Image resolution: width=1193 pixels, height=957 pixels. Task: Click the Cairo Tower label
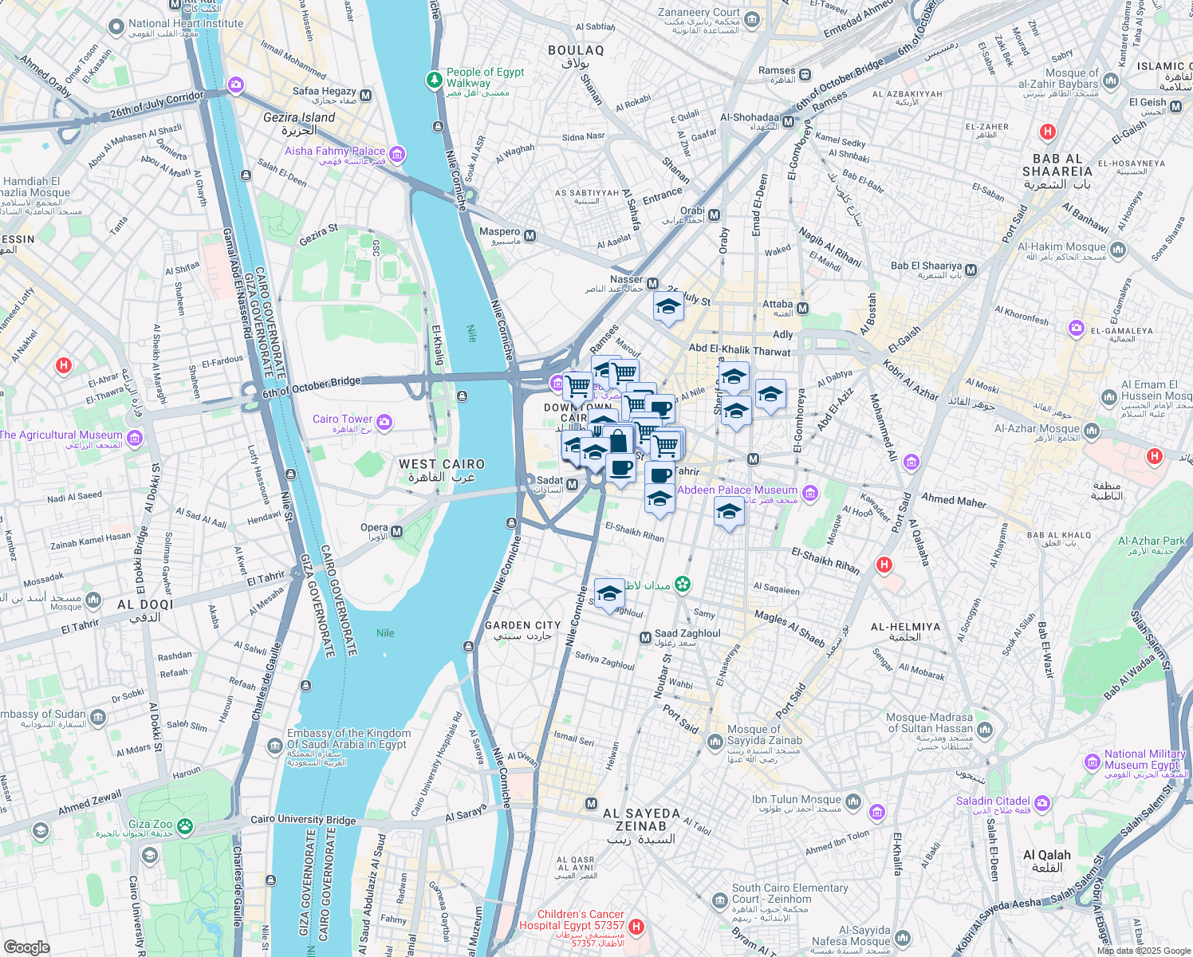[342, 419]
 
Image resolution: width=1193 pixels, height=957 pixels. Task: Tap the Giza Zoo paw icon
[185, 825]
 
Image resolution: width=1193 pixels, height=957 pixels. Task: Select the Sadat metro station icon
[572, 484]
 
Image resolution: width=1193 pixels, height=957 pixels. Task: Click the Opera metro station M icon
[396, 531]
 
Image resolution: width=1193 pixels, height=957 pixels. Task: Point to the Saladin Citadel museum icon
[1042, 802]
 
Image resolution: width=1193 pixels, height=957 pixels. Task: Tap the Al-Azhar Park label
[1152, 541]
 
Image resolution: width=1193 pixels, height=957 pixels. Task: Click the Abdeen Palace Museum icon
[810, 493]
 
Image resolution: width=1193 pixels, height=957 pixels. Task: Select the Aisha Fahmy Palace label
[335, 151]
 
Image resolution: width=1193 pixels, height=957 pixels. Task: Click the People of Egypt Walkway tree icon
[434, 79]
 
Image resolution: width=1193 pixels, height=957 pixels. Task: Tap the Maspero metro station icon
[530, 236]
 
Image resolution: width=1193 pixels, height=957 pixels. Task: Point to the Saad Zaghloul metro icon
[645, 637]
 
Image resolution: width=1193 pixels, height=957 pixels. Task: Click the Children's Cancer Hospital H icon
[636, 926]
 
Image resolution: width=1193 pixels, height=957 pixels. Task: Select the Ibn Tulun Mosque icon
[853, 801]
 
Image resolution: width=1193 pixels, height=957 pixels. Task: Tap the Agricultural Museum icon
[134, 438]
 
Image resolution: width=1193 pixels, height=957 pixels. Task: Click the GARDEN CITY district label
[522, 625]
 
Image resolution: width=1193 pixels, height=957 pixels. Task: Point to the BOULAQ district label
[576, 50]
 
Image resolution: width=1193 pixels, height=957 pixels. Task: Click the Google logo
[27, 947]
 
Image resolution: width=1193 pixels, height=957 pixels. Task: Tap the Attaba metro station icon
[802, 308]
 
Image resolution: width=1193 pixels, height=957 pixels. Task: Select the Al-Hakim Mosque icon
[1117, 250]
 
